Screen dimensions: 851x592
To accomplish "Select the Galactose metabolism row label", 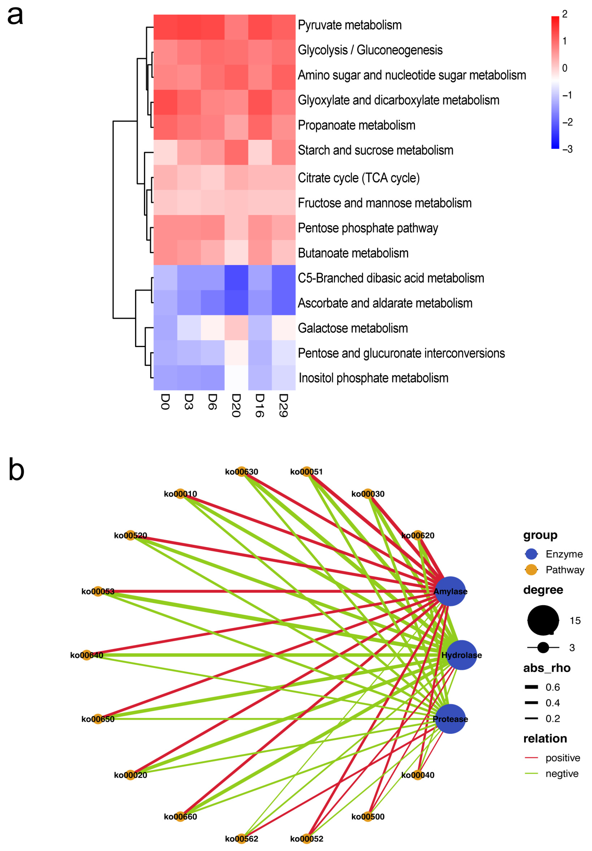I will click(x=353, y=328).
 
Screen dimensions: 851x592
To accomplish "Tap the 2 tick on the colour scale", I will click(x=565, y=14).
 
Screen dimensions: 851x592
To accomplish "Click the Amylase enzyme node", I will click(x=450, y=591).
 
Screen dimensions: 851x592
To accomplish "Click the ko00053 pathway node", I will click(x=97, y=591).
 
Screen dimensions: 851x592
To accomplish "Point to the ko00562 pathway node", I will click(x=242, y=839).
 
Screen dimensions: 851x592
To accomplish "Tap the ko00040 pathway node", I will click(x=418, y=775).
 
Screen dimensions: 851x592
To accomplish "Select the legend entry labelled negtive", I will click(x=562, y=774).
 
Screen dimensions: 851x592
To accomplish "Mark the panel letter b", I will click(x=16, y=470).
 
